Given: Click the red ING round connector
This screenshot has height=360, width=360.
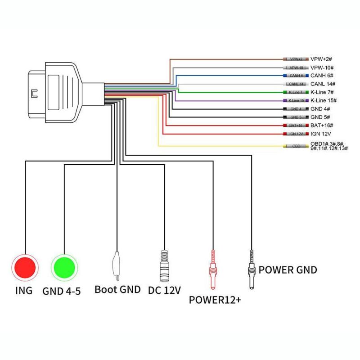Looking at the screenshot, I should pyautogui.click(x=25, y=266).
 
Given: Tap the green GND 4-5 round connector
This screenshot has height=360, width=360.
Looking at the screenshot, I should pyautogui.click(x=65, y=266).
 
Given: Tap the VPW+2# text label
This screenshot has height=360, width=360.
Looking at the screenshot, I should pyautogui.click(x=321, y=59).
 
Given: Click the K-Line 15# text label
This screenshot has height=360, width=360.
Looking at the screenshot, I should pyautogui.click(x=324, y=100).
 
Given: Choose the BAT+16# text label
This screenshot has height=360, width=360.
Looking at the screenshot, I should pyautogui.click(x=323, y=125).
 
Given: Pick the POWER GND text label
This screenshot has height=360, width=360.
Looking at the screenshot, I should pyautogui.click(x=288, y=270).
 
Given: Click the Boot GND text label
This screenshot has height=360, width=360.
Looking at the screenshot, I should pyautogui.click(x=117, y=289).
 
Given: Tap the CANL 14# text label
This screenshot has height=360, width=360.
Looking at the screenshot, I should pyautogui.click(x=323, y=84).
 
